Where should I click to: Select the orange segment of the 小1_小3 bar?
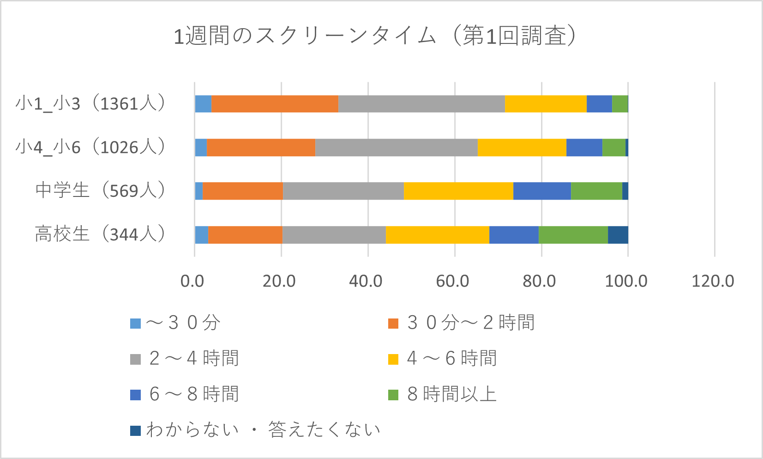pos(275,104)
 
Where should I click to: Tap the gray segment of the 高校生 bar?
pos(334,235)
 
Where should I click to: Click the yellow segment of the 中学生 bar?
pos(458,191)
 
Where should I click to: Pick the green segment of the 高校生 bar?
pos(573,235)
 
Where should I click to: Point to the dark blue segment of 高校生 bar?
pos(618,235)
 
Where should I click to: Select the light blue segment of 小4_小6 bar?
pos(200,147)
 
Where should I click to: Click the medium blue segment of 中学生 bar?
pos(542,191)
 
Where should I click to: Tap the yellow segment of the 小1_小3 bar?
pos(546,104)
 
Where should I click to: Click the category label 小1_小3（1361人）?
pos(90,104)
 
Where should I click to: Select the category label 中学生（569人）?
pos(100,190)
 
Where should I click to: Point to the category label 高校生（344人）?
pos(100,234)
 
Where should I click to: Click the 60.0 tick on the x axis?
pos(452,281)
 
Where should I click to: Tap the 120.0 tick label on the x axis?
pos(713,281)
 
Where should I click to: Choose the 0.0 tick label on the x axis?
pos(192,281)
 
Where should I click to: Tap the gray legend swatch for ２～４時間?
pos(135,359)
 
